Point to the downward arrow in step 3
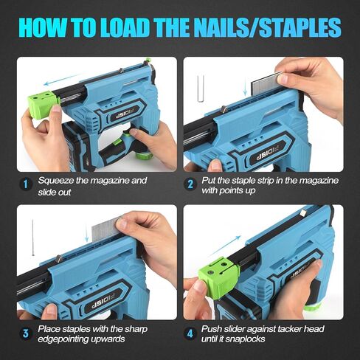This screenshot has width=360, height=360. (88, 233)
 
